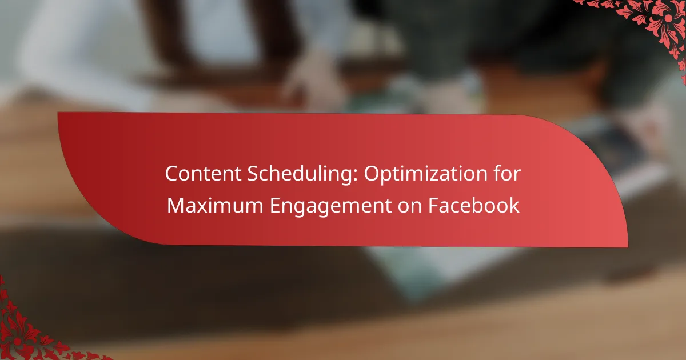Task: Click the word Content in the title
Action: (x=204, y=174)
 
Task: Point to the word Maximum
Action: (x=215, y=205)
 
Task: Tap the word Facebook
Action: (x=474, y=205)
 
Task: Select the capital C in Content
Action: (x=173, y=174)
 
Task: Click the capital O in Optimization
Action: (x=372, y=174)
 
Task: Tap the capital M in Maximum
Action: (x=177, y=206)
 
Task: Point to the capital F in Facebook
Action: (x=434, y=206)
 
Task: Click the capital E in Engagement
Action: (x=275, y=206)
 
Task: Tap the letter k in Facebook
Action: (x=514, y=205)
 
